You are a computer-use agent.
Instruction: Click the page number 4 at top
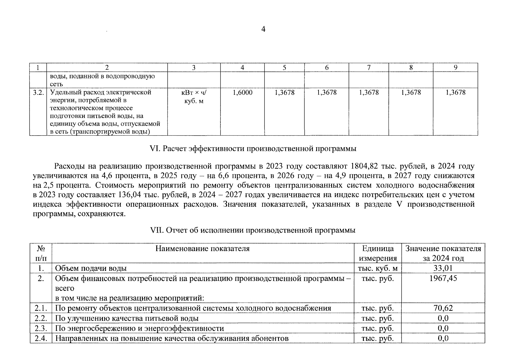[263, 29]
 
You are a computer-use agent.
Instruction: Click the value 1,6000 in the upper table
[242, 93]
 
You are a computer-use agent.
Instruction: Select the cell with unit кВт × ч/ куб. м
[194, 97]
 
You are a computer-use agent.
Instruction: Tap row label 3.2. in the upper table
[38, 92]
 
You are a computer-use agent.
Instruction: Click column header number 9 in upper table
[455, 68]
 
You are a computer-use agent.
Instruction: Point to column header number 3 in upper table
[194, 68]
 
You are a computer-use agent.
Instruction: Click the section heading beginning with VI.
[253, 148]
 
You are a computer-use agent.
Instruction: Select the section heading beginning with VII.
[253, 230]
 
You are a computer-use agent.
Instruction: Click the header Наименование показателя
[202, 249]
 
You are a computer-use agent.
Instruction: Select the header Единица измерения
[378, 253]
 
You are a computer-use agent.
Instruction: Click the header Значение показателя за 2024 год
[443, 253]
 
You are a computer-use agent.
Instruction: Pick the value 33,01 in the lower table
[443, 268]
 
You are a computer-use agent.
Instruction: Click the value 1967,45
[443, 278]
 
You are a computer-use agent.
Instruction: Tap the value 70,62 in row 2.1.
[443, 308]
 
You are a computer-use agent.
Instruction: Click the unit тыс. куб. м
[378, 268]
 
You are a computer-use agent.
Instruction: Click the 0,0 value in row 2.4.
[443, 338]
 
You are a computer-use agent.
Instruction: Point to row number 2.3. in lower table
[41, 328]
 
